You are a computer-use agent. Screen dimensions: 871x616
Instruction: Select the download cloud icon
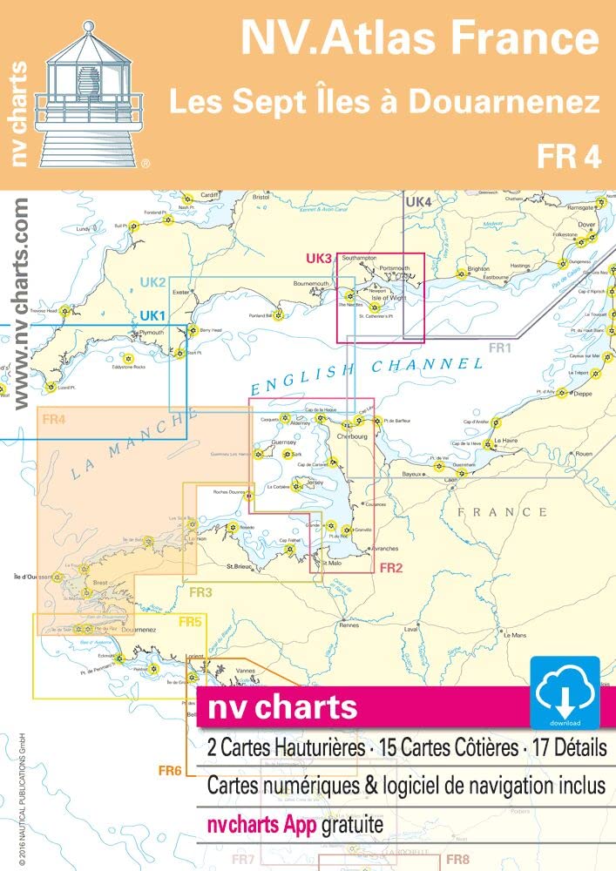coord(565,692)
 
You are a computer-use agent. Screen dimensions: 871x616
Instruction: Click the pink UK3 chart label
coord(320,259)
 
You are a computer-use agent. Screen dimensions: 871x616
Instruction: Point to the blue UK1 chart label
coord(153,314)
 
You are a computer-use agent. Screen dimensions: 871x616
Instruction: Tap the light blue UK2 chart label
coord(152,282)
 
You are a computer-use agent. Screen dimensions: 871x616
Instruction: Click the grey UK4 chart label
coord(419,203)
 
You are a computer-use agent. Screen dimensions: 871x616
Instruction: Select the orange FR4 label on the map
coord(53,420)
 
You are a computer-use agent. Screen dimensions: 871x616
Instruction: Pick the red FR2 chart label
coord(389,568)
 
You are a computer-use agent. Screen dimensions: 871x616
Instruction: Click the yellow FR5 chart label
coord(190,621)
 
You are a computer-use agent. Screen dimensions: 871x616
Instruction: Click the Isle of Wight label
coord(389,298)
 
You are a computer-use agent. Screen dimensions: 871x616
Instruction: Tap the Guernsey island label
coord(285,442)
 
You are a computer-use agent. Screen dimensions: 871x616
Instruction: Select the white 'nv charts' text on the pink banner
coord(281,706)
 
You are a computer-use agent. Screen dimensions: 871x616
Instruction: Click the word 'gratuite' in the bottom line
coord(339,823)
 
